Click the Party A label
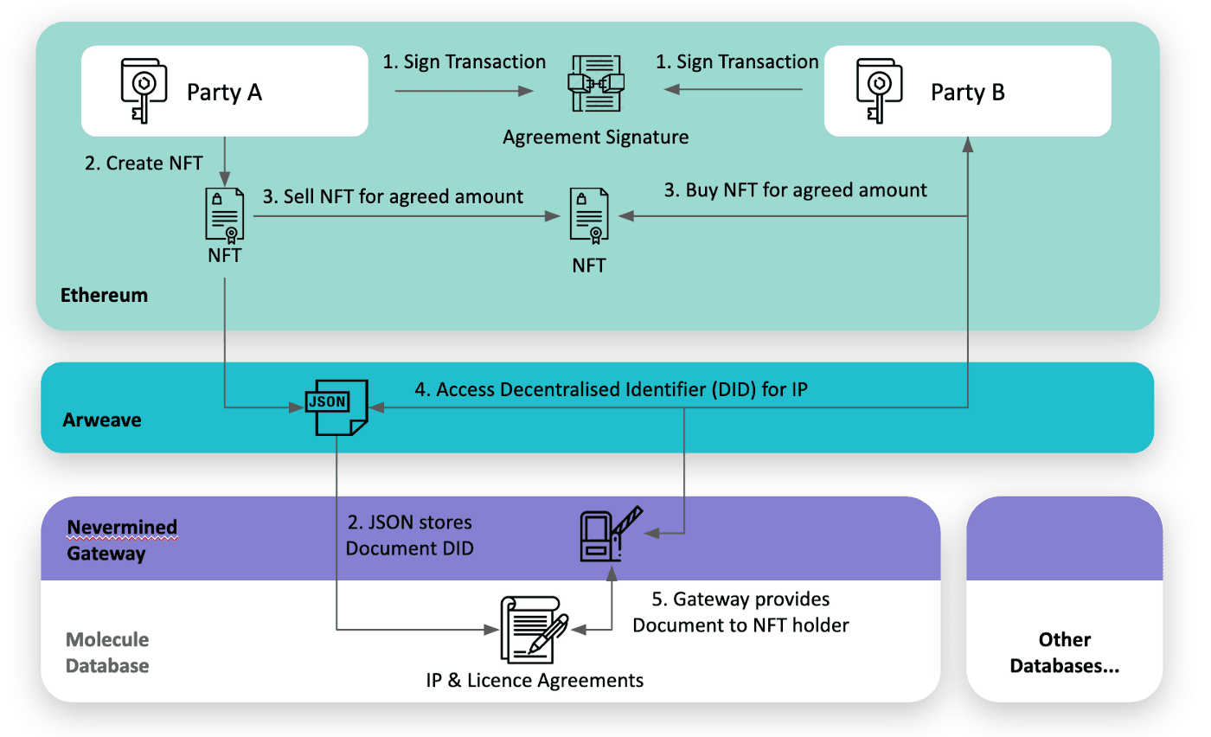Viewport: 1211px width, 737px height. tap(224, 92)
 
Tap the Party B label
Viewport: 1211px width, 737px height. tap(967, 92)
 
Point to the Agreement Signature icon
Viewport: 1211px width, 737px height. tap(595, 83)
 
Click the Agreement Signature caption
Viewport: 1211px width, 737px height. tap(595, 137)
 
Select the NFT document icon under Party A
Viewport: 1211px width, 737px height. tap(225, 215)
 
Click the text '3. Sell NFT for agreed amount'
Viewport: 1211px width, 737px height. tap(393, 196)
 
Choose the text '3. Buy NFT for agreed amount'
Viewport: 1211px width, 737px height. tap(795, 189)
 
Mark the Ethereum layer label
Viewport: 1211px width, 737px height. tap(104, 295)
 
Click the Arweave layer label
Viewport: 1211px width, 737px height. tap(102, 420)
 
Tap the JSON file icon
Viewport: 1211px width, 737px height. tap(336, 406)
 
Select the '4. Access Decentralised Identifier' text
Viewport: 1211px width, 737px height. tap(611, 389)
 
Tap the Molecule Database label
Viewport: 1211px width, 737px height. tap(107, 652)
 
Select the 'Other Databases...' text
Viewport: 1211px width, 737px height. tap(1064, 652)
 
